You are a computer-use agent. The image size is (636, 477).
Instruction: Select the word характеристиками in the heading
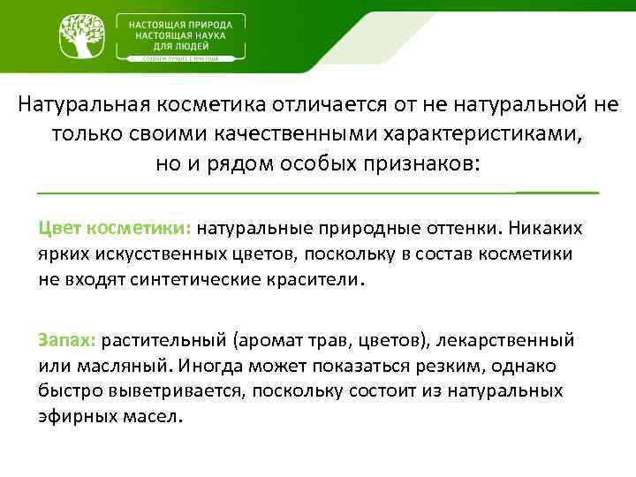(481, 135)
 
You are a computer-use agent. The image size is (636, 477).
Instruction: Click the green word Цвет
(59, 229)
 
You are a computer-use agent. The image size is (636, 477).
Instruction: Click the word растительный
(168, 340)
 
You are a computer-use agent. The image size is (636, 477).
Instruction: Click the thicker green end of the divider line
(556, 192)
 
